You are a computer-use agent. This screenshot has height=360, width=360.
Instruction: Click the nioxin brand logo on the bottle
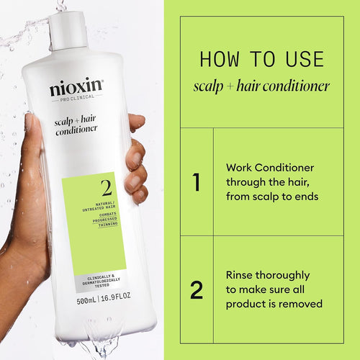[76, 89]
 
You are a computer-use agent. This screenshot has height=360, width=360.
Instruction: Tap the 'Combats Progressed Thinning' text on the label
[105, 218]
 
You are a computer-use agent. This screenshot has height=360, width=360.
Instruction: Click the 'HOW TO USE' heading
[262, 58]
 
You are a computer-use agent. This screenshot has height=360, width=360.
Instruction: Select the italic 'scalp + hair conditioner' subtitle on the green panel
[262, 86]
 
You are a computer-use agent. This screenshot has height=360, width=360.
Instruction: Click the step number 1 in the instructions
[196, 183]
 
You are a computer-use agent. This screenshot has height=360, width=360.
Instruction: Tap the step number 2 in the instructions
[196, 290]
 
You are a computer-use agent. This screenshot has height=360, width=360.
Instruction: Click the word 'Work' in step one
[240, 166]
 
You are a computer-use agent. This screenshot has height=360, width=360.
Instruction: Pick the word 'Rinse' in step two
[241, 275]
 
